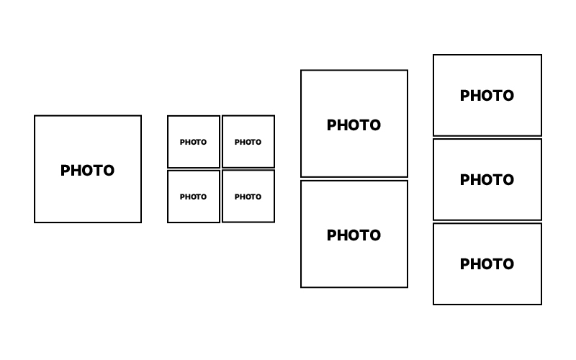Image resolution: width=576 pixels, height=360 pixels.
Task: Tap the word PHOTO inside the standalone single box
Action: (87, 171)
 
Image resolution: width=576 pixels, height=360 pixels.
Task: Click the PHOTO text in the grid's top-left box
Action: (193, 142)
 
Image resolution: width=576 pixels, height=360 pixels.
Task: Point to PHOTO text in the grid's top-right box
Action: (248, 142)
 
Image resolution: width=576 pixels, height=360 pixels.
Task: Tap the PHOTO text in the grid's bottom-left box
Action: (193, 197)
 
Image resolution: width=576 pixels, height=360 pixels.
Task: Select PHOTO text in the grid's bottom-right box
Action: (248, 197)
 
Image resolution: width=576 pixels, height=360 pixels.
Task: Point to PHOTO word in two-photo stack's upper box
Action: (354, 125)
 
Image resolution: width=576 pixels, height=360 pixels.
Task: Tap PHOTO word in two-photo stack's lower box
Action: (354, 235)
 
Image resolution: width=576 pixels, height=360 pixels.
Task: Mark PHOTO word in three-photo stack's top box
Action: (487, 96)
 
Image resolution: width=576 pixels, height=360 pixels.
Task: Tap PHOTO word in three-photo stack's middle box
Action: (487, 180)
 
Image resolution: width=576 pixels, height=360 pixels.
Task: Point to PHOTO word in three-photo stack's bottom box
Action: (487, 264)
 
